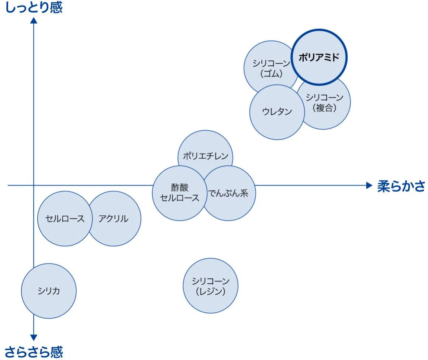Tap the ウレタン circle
tap(277, 112)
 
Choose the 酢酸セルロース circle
tap(180, 192)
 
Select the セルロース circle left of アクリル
tap(65, 219)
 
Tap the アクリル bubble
tap(114, 219)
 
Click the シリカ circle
tap(49, 291)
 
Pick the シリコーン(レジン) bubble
tap(211, 285)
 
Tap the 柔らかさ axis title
tap(401, 186)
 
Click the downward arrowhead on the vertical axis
tap(34, 337)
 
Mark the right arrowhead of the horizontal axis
tap(369, 185)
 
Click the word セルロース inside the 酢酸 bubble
tap(180, 198)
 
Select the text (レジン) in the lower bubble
tap(211, 291)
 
